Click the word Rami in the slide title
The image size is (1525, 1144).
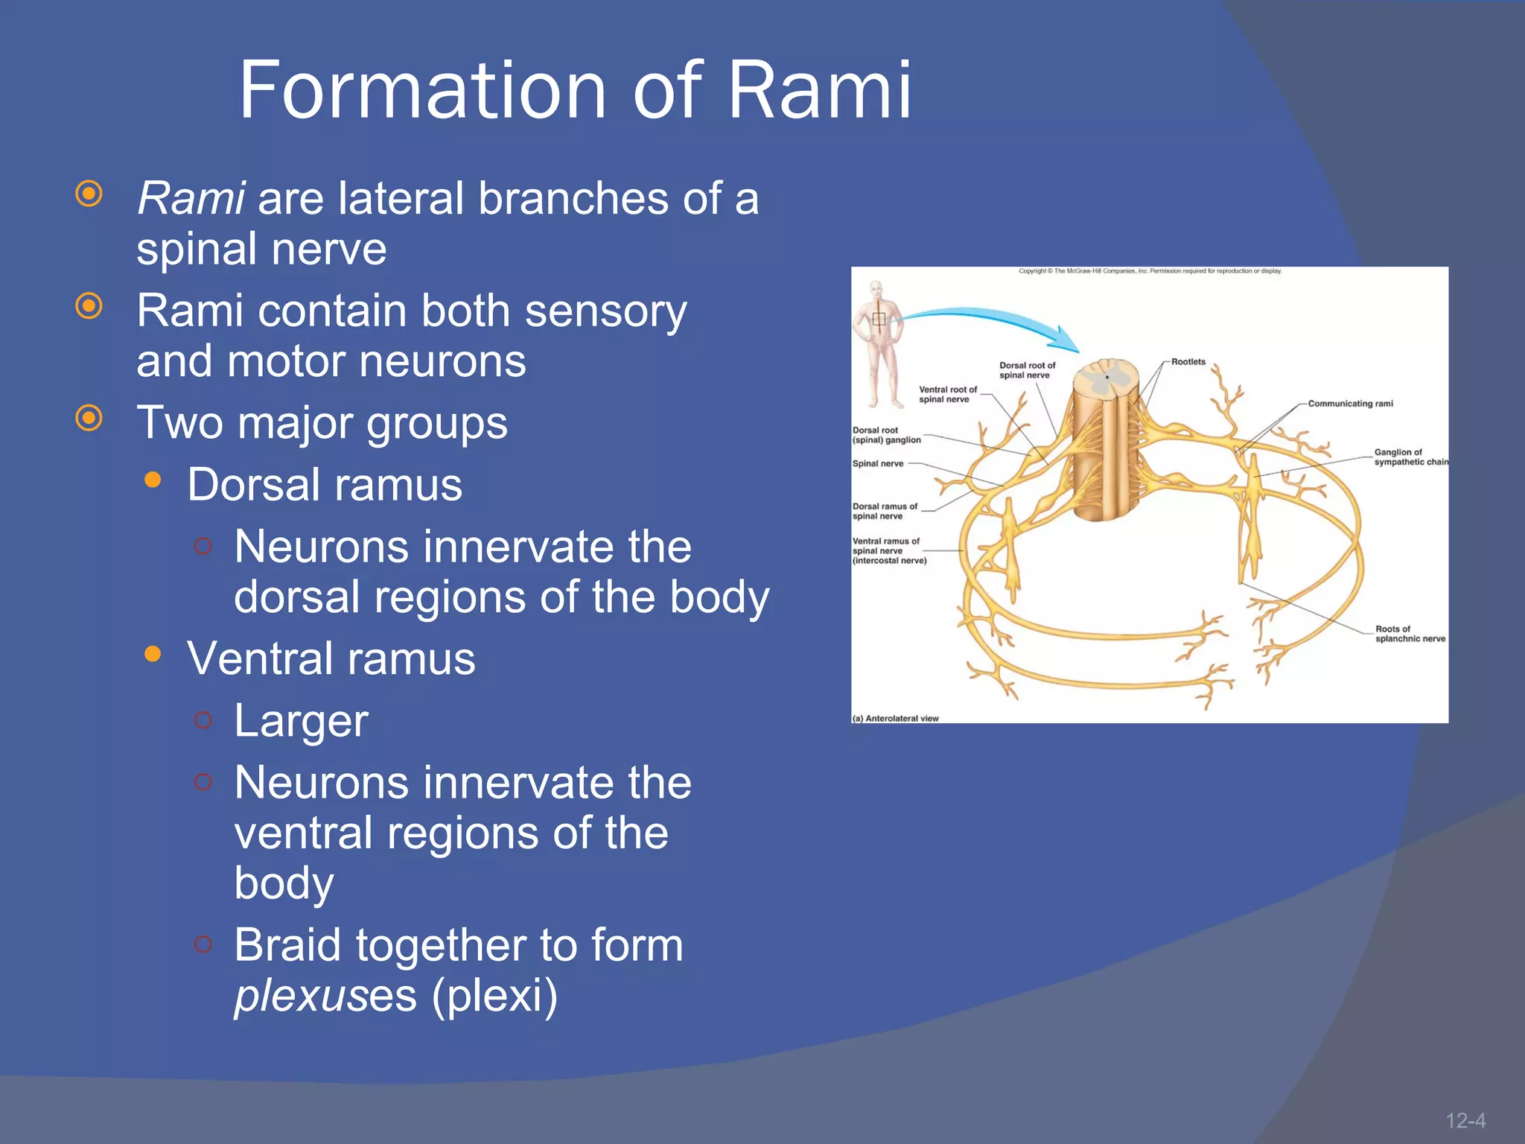pos(818,91)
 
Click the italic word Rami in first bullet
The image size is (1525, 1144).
pos(191,199)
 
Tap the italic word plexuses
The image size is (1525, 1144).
pos(325,996)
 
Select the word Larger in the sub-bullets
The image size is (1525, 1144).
pos(301,721)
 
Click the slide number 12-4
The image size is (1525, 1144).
pos(1465,1120)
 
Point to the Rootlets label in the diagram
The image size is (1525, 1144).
pos(1188,362)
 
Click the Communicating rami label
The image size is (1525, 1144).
pos(1350,404)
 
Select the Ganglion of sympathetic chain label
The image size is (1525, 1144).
pos(1410,457)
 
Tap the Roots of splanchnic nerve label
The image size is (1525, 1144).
pos(1410,634)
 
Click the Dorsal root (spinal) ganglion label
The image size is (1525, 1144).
pos(886,435)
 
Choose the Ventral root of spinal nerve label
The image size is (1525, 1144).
pos(947,394)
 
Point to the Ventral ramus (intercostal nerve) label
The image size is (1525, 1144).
pos(889,551)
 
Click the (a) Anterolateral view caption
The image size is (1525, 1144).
pos(895,719)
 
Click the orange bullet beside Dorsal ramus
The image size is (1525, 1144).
pos(153,480)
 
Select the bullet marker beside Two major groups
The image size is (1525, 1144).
pos(89,418)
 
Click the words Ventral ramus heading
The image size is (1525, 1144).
pos(331,659)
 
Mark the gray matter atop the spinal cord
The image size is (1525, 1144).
pos(1106,378)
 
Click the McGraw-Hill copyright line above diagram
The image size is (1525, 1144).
pos(1150,271)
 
